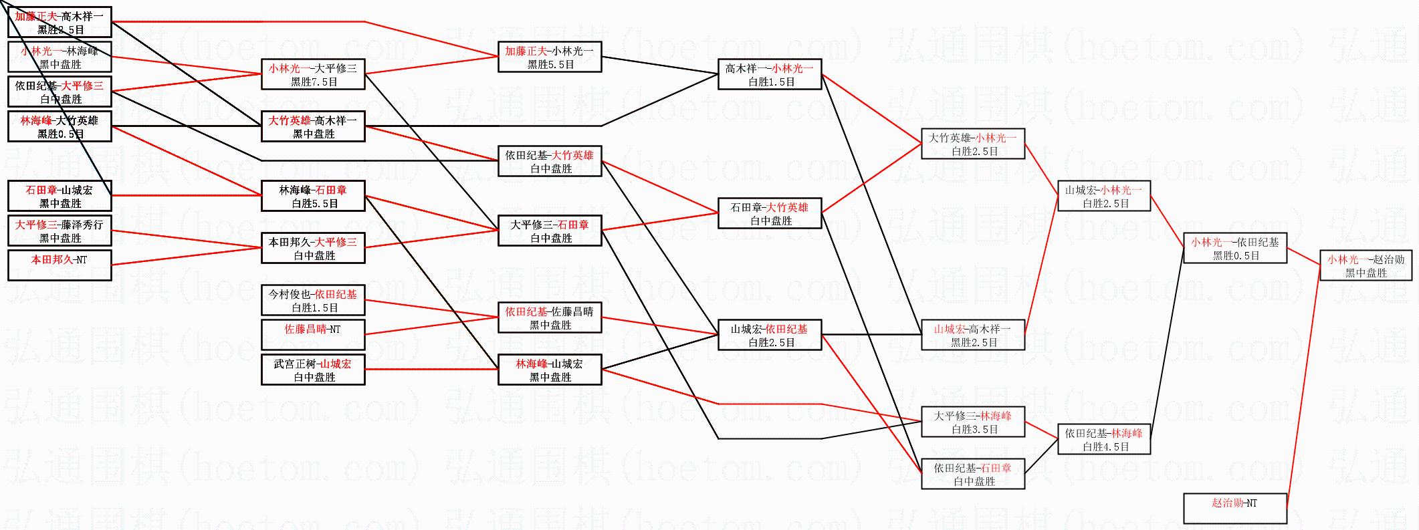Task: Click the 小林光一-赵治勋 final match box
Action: pyautogui.click(x=1366, y=265)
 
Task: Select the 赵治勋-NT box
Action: pyautogui.click(x=1234, y=508)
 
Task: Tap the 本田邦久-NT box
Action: pyautogui.click(x=60, y=265)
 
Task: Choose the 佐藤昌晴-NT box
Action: pyautogui.click(x=313, y=335)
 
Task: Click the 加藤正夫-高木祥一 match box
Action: pyautogui.click(x=60, y=22)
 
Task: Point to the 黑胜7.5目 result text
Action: pyautogui.click(x=313, y=82)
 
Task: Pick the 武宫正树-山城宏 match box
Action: pyautogui.click(x=313, y=370)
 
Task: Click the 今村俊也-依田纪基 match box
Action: pyautogui.click(x=313, y=300)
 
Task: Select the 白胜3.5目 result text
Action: pyautogui.click(x=972, y=430)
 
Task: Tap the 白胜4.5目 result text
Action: pyautogui.click(x=1103, y=447)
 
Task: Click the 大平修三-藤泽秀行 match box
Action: pyautogui.click(x=60, y=231)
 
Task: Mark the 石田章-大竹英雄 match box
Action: pyautogui.click(x=769, y=213)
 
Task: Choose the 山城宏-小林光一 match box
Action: pyautogui.click(x=1103, y=196)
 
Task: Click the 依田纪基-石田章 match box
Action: pyautogui.click(x=972, y=474)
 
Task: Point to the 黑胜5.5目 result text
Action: pyautogui.click(x=550, y=65)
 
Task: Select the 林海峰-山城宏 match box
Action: pyautogui.click(x=550, y=370)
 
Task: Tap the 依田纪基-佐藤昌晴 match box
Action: pyautogui.click(x=550, y=317)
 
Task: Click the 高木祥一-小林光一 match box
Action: pyautogui.click(x=769, y=74)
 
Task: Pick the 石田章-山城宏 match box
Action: pyautogui.click(x=60, y=196)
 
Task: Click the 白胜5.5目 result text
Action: pyautogui.click(x=313, y=204)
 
